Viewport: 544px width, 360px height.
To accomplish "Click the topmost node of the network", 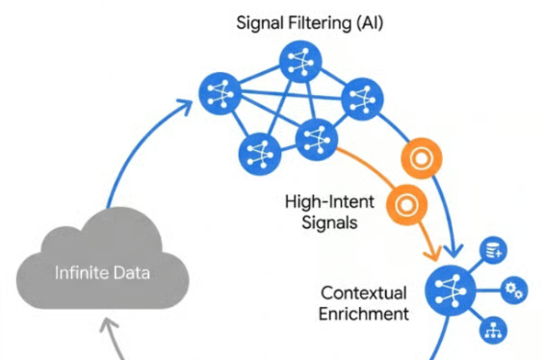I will (299, 64).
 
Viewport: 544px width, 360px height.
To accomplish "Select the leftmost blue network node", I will (220, 93).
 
